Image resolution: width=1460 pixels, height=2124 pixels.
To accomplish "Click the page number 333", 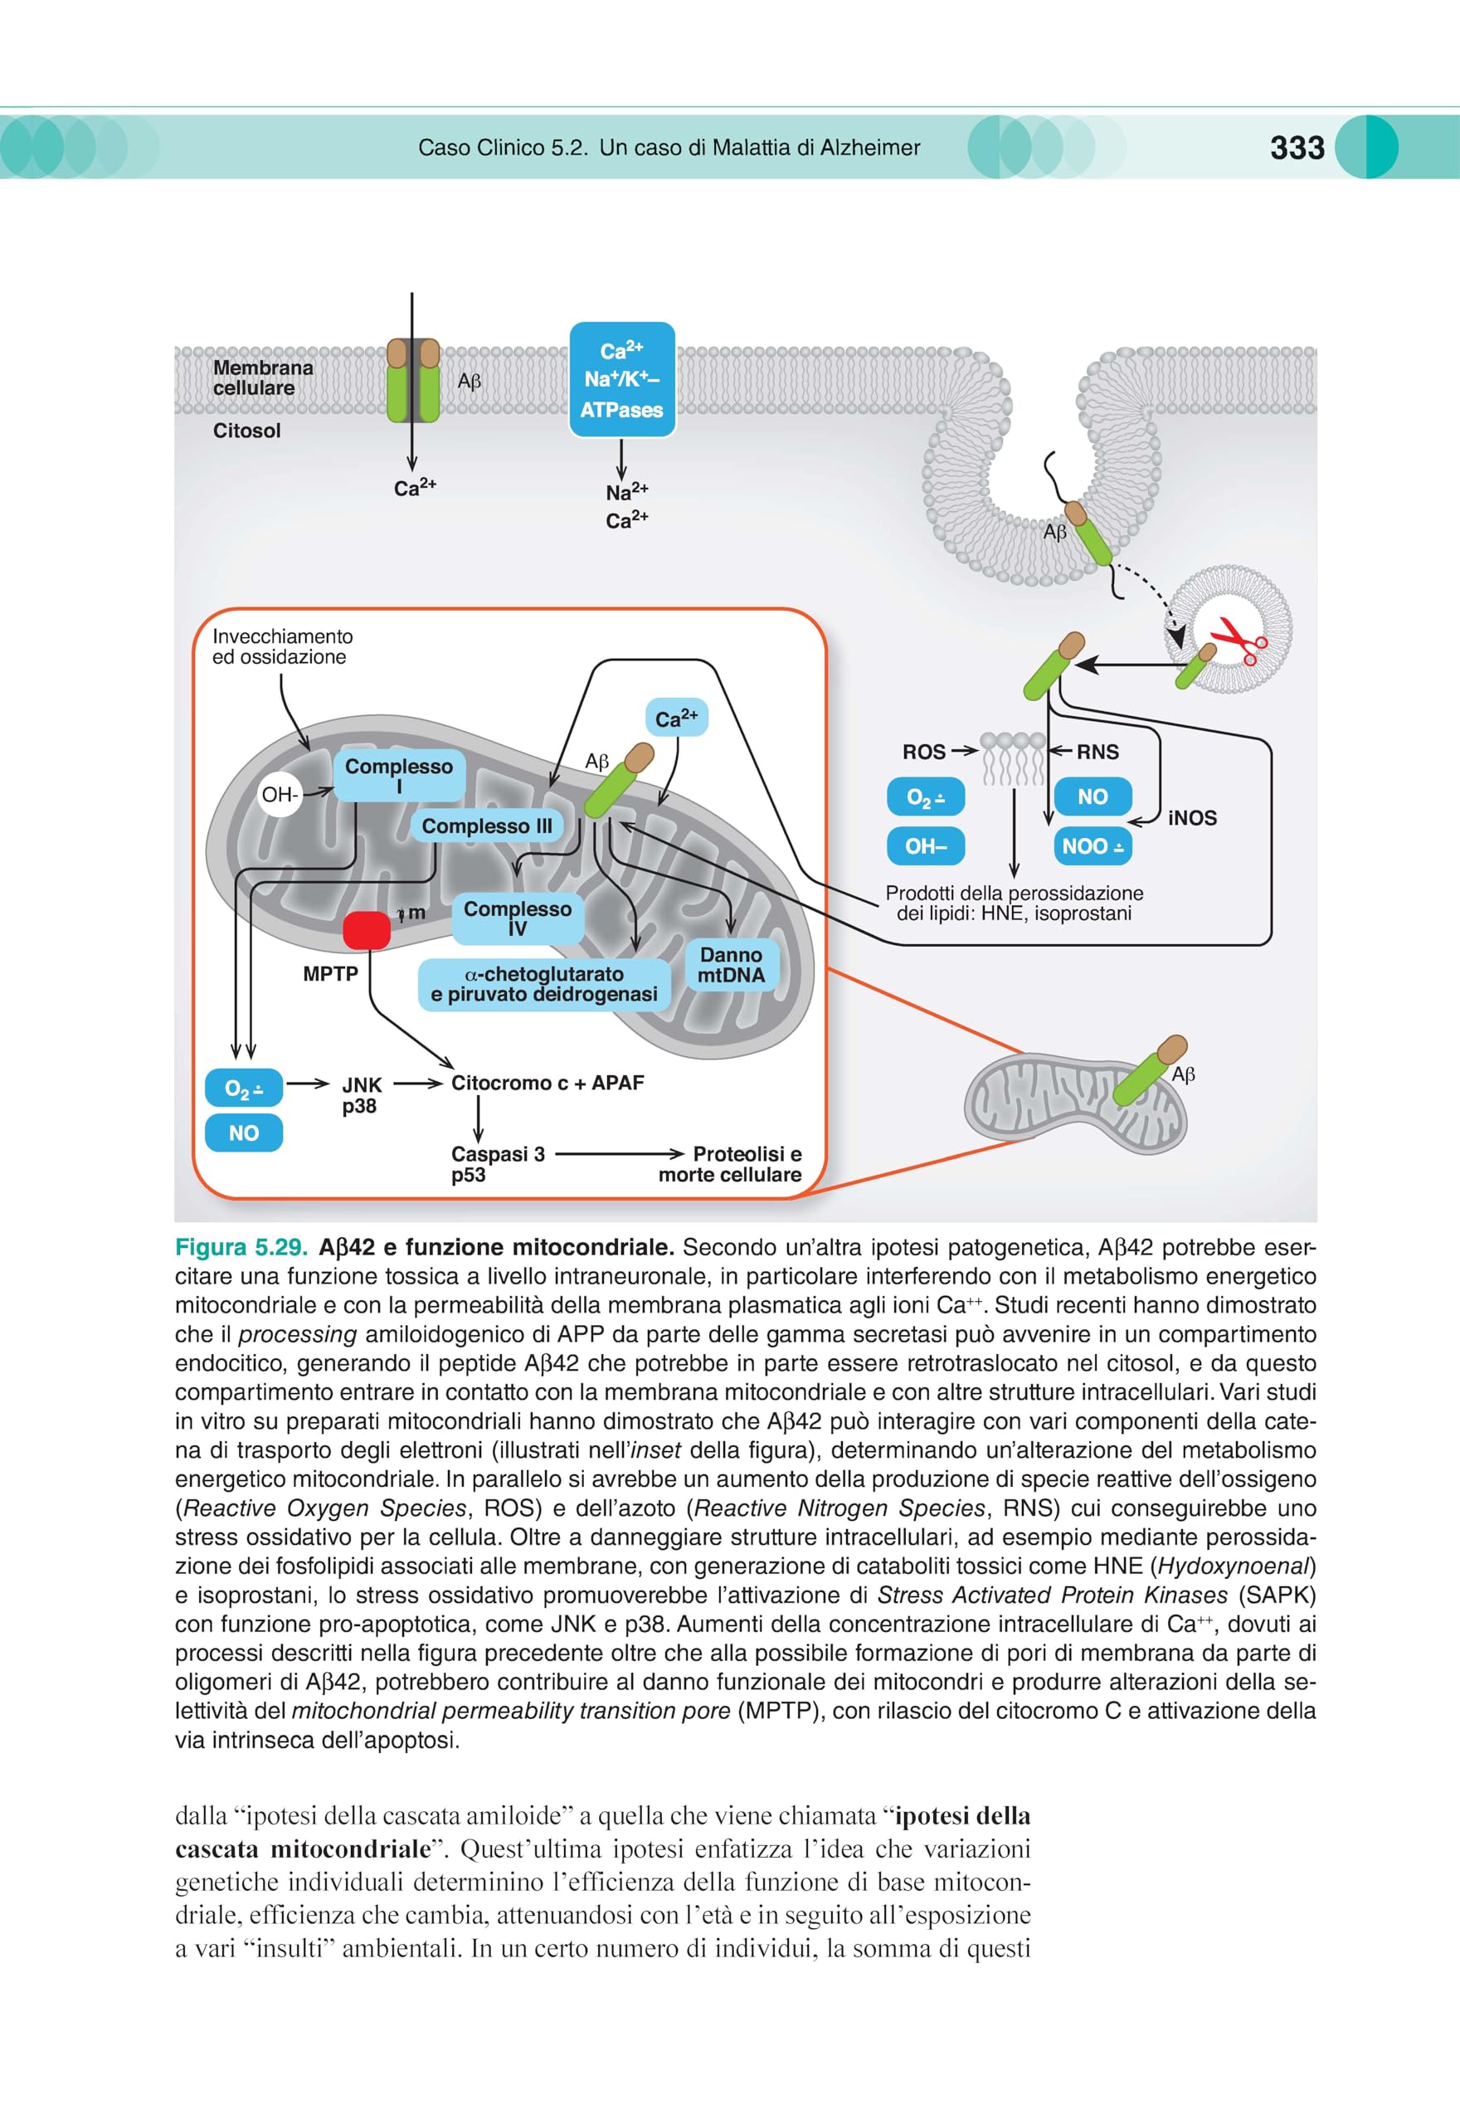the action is coord(1297,148).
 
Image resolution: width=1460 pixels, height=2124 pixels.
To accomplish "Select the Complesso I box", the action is coord(399,775).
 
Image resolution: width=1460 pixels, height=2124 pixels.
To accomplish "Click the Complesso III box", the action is coord(487,826).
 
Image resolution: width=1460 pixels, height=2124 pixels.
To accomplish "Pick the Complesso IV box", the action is coord(518,918).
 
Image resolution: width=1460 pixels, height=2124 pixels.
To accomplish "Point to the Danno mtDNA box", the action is coord(731,965).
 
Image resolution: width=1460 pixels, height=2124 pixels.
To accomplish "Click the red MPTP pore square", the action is coord(367,930).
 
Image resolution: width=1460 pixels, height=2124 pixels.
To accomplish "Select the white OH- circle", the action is coord(279,795).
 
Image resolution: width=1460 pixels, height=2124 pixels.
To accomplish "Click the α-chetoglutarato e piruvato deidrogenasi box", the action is coord(544,984).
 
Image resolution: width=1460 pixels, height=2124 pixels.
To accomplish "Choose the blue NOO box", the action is coord(1093,846).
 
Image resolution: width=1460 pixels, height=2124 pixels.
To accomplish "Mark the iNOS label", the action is coord(1193,818).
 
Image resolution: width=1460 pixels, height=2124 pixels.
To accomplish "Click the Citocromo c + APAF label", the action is coord(548,1083).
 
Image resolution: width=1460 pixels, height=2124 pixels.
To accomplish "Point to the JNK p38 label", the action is coord(360,1095).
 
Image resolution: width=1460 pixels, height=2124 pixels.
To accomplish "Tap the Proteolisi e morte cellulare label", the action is coord(730,1164).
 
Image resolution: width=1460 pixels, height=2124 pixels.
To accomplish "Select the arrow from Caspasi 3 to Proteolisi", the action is coord(620,1153).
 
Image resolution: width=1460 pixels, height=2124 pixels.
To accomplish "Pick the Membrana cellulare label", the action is coord(262,378).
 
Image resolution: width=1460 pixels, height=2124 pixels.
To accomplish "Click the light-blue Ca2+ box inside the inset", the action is coord(677,718).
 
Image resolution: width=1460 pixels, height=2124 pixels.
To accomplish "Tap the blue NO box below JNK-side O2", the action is coord(243,1133).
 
